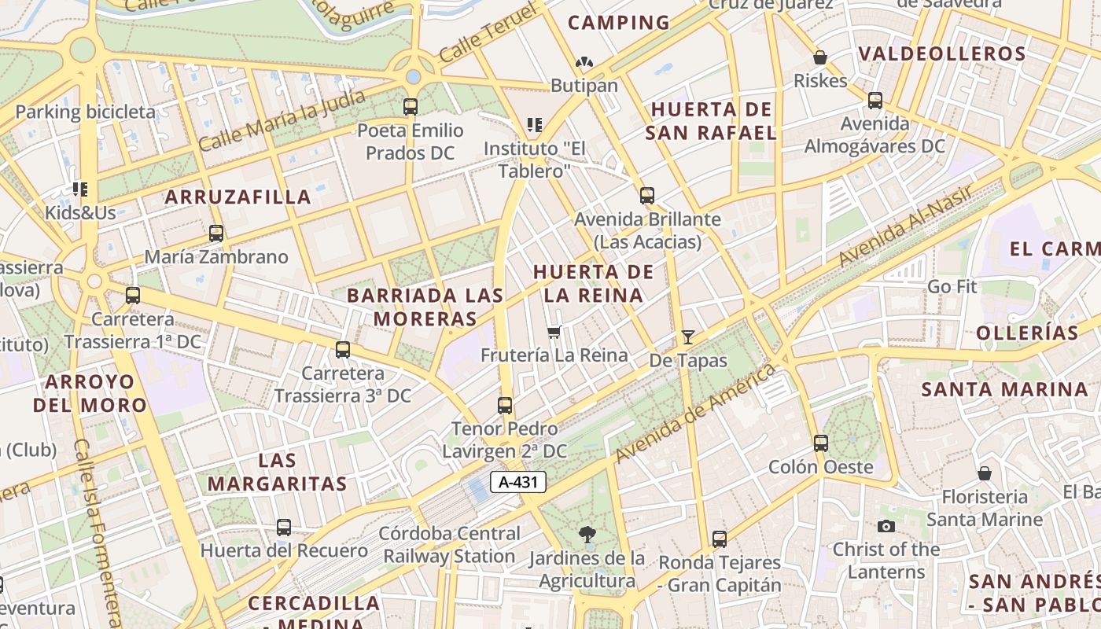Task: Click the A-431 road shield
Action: pyautogui.click(x=518, y=482)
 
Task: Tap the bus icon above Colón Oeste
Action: pyautogui.click(x=821, y=443)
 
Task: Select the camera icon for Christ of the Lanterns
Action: pyautogui.click(x=886, y=526)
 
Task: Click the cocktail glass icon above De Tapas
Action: pyautogui.click(x=688, y=337)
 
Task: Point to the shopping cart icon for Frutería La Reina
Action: pyautogui.click(x=554, y=332)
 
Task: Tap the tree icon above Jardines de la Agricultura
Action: pyautogui.click(x=587, y=535)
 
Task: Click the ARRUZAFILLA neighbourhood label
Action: pyautogui.click(x=238, y=197)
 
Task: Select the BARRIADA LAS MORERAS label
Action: pyautogui.click(x=425, y=307)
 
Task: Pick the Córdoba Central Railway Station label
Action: pyautogui.click(x=449, y=544)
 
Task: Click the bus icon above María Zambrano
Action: pyautogui.click(x=216, y=234)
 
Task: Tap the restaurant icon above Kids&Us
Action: pyautogui.click(x=79, y=189)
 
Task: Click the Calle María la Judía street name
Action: pyautogui.click(x=282, y=120)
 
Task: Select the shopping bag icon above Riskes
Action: pyautogui.click(x=820, y=57)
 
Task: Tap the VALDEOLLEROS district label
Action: pyautogui.click(x=941, y=53)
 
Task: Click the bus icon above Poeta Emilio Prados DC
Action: pyautogui.click(x=410, y=107)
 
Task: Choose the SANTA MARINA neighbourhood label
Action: pyautogui.click(x=1004, y=389)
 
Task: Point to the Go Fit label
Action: pyautogui.click(x=952, y=286)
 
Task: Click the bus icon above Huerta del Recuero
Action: pyautogui.click(x=284, y=528)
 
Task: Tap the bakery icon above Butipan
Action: pyautogui.click(x=584, y=62)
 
